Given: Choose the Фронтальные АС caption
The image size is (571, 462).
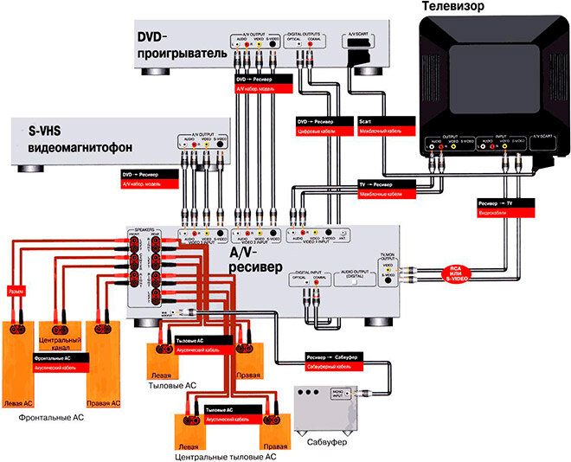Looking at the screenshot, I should click(51, 417).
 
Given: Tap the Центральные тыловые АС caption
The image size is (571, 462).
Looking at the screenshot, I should click(224, 455).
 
